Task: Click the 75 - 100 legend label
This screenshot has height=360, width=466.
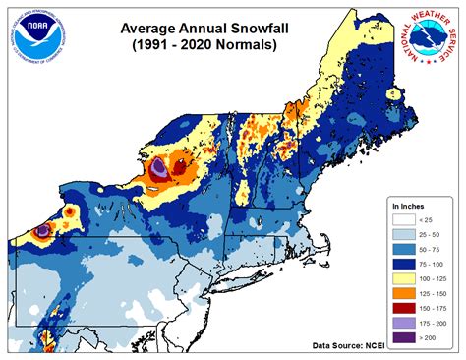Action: pos(431,267)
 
